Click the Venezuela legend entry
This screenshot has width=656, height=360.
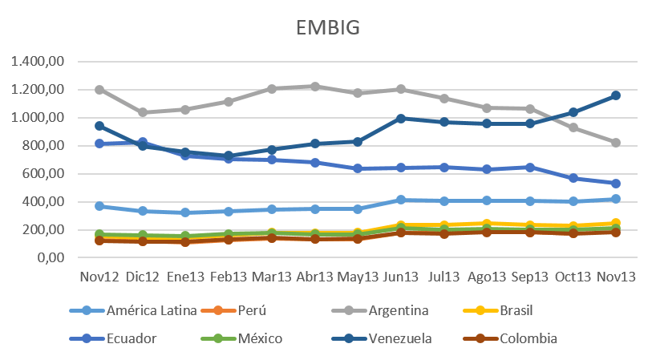coord(402,339)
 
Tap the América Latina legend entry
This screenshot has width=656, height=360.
coord(151,311)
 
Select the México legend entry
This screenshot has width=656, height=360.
coord(259,339)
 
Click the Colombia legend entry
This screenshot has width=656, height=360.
coord(528,339)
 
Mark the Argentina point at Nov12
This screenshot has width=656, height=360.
coord(99,90)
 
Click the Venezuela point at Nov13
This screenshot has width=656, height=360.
coord(615,95)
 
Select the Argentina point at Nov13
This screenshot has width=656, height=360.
coord(615,143)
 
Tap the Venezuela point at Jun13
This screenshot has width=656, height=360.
coord(399,118)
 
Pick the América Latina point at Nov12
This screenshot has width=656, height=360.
coord(99,206)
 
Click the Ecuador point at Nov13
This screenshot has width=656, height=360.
coord(615,184)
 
